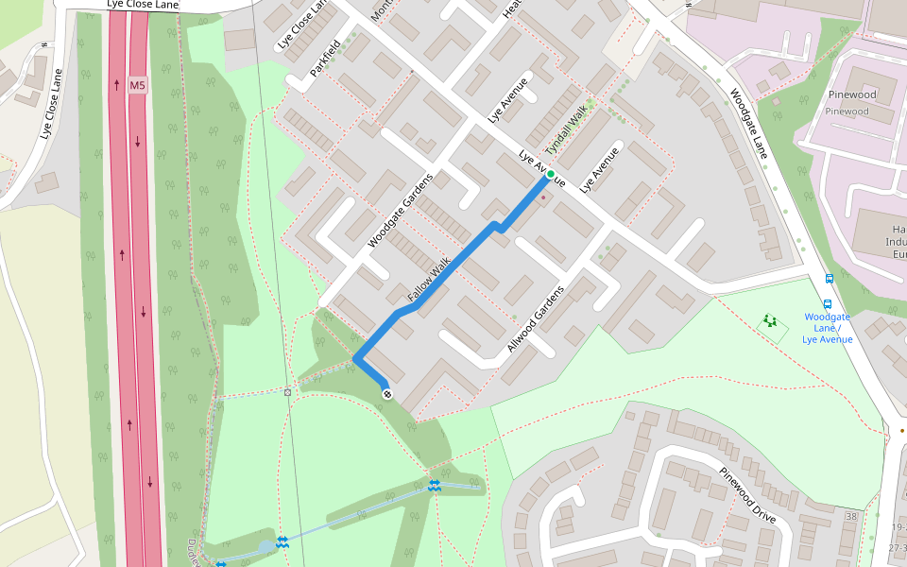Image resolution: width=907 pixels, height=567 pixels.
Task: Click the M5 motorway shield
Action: (x=138, y=85)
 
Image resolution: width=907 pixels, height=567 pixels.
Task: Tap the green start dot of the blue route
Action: (x=550, y=174)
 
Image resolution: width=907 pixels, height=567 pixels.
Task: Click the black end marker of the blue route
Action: (x=386, y=392)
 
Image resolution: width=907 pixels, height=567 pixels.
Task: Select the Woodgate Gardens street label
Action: (x=401, y=211)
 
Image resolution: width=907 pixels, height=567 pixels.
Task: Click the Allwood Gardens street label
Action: (x=536, y=318)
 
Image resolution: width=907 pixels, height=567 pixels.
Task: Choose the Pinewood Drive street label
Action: (x=746, y=497)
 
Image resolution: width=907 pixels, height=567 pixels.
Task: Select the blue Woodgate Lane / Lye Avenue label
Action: (x=828, y=328)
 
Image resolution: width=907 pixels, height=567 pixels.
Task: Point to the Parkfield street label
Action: (x=326, y=59)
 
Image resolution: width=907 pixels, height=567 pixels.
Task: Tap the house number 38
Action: (x=851, y=516)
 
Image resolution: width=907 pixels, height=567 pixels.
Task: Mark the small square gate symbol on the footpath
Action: (x=288, y=390)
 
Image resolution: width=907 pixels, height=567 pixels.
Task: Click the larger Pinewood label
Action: (x=851, y=94)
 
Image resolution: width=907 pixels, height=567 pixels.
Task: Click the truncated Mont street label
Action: (x=382, y=9)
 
